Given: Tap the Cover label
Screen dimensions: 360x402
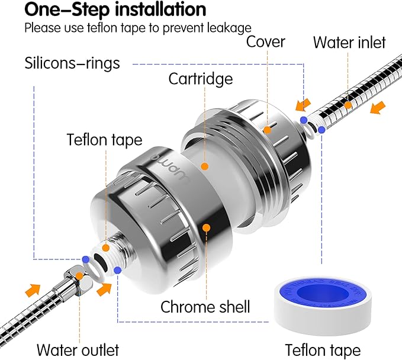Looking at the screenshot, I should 266,41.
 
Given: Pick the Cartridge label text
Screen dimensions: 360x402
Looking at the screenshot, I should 200,78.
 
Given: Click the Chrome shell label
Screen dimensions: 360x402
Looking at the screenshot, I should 205,307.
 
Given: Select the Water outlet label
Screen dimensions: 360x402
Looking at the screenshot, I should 78,349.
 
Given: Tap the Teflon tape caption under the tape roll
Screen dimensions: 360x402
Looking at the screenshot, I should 322,349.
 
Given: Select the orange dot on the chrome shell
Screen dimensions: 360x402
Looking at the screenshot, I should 207,227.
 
